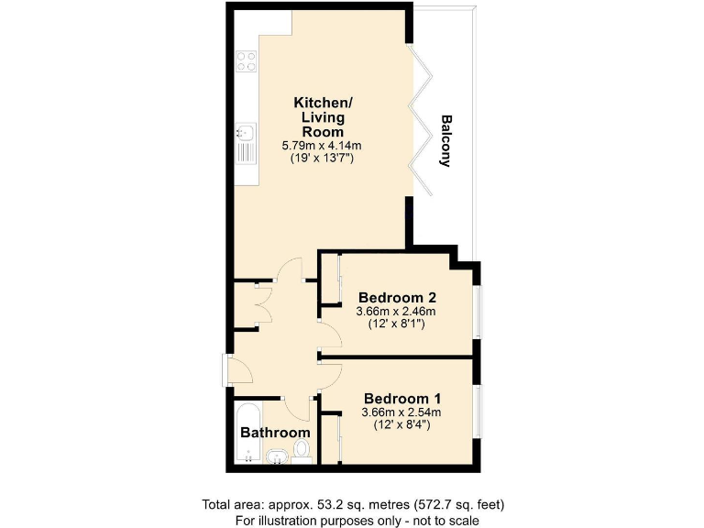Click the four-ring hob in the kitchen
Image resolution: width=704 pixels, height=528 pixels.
246,61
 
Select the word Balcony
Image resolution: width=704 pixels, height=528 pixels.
446,140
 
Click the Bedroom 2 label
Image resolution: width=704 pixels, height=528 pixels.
396,298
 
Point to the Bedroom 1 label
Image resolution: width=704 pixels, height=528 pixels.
402,399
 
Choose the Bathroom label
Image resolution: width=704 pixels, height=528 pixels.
275,432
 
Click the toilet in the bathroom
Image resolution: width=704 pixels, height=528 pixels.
302,451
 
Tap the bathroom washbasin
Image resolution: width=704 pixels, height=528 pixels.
275,456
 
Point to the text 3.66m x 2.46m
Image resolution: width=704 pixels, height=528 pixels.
396,312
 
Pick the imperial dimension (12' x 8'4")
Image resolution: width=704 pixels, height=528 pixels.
402,425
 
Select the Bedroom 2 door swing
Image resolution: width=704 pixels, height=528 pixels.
330,335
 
